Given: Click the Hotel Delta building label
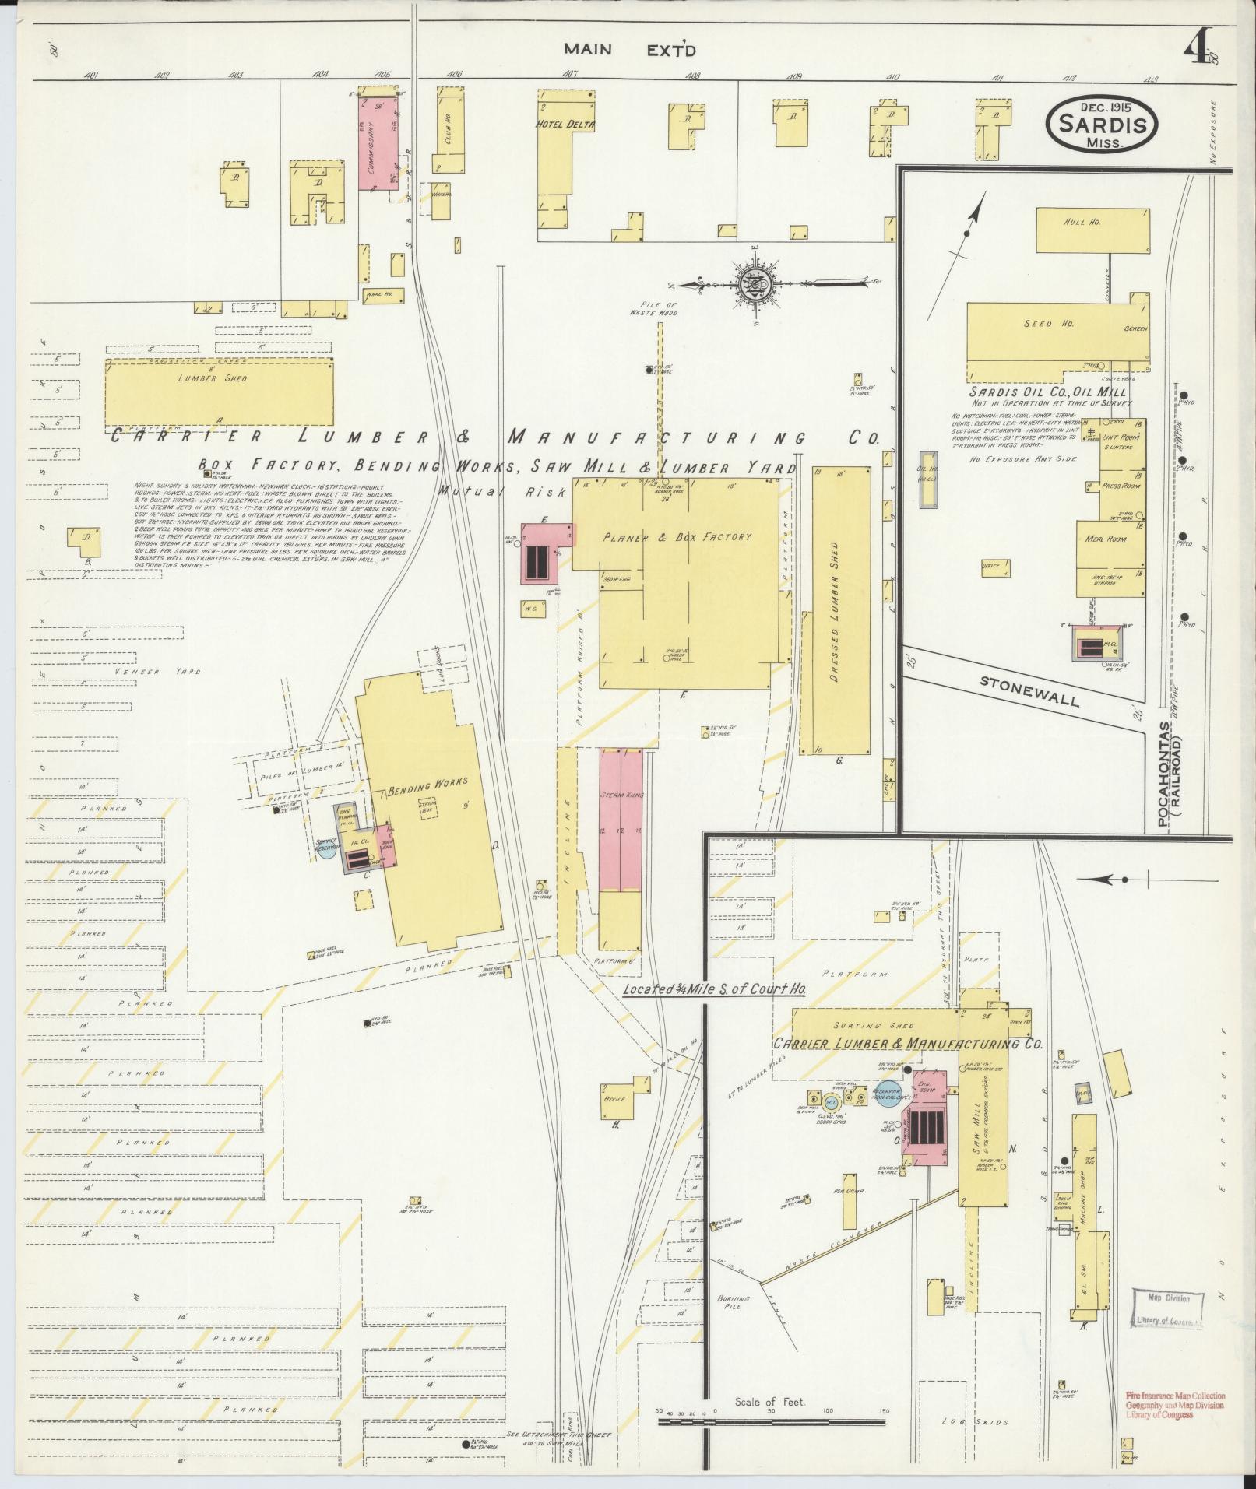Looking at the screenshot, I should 565,124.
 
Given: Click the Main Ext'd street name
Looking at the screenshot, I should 630,51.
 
